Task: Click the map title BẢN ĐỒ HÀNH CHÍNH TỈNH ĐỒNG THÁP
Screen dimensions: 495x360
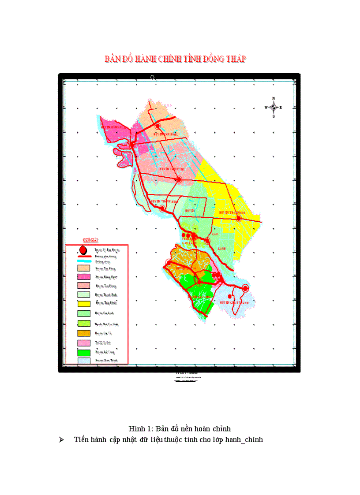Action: pyautogui.click(x=175, y=59)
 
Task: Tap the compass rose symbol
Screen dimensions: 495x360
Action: pyautogui.click(x=274, y=107)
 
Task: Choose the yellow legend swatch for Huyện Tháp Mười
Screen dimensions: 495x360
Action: pyautogui.click(x=84, y=304)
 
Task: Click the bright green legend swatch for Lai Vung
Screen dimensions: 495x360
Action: pyautogui.click(x=84, y=353)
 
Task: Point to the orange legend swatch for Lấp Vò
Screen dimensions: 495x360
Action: pyautogui.click(x=84, y=333)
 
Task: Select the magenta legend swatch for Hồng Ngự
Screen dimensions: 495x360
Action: pyautogui.click(x=84, y=277)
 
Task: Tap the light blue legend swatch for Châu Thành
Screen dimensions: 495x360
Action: pyautogui.click(x=84, y=361)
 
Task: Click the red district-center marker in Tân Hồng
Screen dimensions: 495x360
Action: pyautogui.click(x=157, y=126)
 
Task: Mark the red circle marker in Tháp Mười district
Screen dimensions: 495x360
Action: pyautogui.click(x=239, y=218)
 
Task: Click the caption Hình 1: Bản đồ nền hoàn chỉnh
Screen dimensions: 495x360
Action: pyautogui.click(x=180, y=428)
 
